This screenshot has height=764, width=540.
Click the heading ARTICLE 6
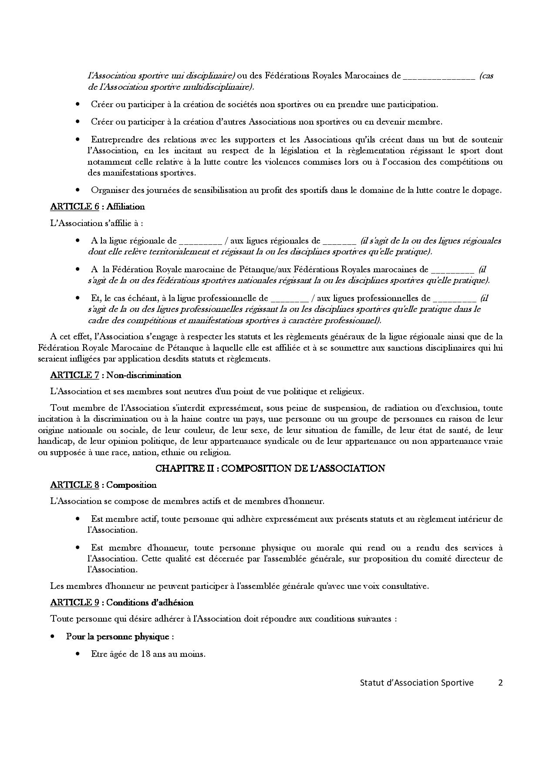tap(74, 207)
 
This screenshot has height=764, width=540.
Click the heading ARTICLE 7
tap(74, 375)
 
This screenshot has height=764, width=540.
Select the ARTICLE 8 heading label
tap(74, 485)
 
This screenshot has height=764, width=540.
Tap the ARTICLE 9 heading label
tap(74, 602)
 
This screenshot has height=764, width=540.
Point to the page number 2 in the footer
tap(500, 683)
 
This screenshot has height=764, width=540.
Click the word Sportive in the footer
tap(457, 683)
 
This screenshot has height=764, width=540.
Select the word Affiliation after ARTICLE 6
tap(125, 207)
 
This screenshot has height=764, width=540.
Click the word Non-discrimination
tap(144, 375)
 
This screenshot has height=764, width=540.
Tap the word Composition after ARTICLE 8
tap(132, 485)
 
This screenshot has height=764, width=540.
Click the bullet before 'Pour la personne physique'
tap(53, 636)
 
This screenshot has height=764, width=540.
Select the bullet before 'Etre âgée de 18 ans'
tap(78, 654)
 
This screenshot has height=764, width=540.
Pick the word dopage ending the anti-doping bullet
tap(488, 190)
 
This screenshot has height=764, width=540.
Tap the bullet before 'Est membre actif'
tap(78, 519)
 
